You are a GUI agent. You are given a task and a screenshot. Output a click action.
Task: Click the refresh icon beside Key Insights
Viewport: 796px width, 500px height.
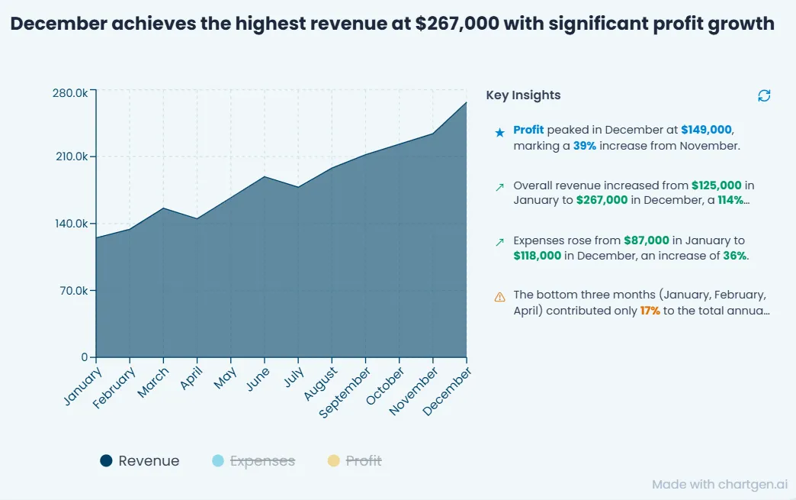point(764,95)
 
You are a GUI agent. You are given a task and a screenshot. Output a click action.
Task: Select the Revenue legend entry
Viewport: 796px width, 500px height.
point(140,461)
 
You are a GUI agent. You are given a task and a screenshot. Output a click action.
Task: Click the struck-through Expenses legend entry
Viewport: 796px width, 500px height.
point(253,461)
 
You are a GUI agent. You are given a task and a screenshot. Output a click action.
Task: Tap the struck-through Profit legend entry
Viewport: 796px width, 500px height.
point(355,461)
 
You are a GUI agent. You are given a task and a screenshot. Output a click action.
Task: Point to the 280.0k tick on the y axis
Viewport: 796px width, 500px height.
point(70,93)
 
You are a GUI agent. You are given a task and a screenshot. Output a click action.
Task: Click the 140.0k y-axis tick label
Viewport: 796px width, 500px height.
point(72,224)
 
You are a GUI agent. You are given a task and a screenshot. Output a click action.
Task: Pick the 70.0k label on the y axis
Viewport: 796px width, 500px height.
point(74,291)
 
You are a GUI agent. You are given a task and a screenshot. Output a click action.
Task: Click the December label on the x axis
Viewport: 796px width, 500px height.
point(447,392)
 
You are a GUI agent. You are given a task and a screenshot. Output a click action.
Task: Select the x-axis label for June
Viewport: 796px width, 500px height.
point(258,379)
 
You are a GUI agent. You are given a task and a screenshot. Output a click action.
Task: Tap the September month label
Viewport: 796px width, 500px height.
point(345,393)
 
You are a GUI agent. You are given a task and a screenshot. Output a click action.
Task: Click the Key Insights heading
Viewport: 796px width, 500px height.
point(523,95)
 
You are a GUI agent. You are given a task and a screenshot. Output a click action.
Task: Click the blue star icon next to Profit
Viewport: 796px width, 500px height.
point(500,133)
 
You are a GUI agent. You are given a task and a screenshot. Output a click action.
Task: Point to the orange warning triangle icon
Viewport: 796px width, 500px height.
point(499,297)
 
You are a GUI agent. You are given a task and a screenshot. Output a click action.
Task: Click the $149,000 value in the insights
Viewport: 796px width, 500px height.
point(706,130)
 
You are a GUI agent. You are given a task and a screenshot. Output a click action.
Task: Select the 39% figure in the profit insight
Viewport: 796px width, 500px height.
point(585,146)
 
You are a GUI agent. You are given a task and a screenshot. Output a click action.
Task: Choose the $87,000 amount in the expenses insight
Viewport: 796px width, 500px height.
point(647,240)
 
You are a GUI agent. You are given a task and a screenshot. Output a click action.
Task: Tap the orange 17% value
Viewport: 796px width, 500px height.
point(650,311)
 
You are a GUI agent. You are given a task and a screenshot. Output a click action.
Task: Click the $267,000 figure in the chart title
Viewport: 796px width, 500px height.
point(457,24)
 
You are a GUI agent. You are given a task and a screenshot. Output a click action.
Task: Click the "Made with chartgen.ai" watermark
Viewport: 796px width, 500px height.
point(720,484)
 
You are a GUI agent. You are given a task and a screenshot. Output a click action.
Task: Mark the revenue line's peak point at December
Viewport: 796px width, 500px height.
point(466,102)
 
